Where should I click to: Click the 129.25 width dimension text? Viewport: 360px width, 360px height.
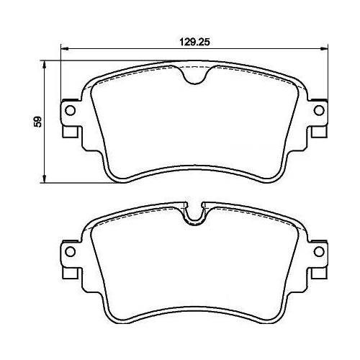pyautogui.click(x=194, y=42)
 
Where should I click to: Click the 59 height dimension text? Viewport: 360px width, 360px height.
pyautogui.click(x=38, y=122)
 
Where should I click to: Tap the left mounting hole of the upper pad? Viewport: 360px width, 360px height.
pyautogui.click(x=71, y=110)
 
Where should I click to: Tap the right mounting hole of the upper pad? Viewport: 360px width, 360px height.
pyautogui.click(x=319, y=110)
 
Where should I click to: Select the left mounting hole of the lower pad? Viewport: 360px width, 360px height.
pyautogui.click(x=71, y=251)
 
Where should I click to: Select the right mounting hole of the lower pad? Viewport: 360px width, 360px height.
pyautogui.click(x=319, y=251)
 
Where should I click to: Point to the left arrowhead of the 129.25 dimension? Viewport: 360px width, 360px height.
pyautogui.click(x=65, y=49)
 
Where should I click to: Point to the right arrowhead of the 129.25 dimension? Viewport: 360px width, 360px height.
pyautogui.click(x=323, y=49)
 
